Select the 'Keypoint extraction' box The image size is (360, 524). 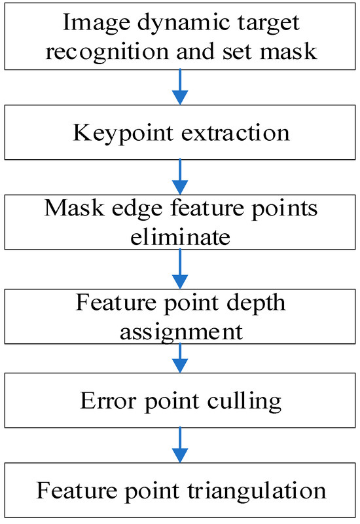179,132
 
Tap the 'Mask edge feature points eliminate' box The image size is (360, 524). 179,221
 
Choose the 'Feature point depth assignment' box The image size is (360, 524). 179,317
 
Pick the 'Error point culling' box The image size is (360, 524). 179,401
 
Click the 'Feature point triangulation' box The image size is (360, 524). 179,490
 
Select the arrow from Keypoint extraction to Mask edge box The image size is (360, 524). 179,176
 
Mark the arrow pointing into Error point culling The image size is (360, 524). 179,360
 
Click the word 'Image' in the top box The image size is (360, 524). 88,24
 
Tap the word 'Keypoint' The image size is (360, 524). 115,133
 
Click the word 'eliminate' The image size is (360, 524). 179,236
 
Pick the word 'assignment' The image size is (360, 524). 179,331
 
